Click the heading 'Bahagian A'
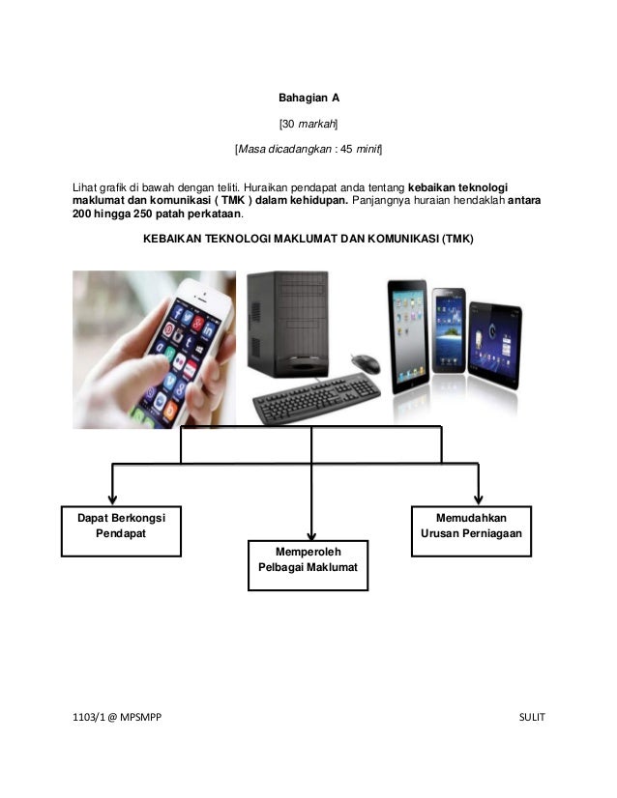pyautogui.click(x=308, y=98)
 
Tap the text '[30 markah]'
pyautogui.click(x=308, y=124)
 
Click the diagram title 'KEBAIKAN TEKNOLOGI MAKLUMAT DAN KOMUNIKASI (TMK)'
pyautogui.click(x=308, y=237)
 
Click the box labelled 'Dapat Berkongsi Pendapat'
pyautogui.click(x=121, y=530)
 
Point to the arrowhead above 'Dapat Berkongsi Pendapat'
pyautogui.click(x=113, y=497)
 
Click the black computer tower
pyautogui.click(x=285, y=323)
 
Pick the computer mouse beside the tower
pyautogui.click(x=365, y=361)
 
